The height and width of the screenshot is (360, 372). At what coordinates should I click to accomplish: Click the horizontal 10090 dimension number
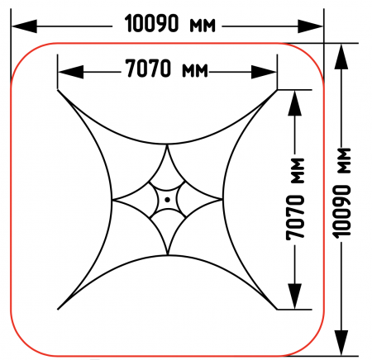pos(151,24)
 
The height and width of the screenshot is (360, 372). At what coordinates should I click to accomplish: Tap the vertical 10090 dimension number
pos(341,211)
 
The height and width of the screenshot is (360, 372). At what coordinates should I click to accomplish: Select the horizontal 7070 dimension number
pos(148,69)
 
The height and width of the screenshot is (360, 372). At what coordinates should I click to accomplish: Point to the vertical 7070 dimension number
pos(295,217)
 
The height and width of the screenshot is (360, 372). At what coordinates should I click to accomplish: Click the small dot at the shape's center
pos(167,200)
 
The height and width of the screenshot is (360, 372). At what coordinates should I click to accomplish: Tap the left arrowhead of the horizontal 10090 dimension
pos(24,26)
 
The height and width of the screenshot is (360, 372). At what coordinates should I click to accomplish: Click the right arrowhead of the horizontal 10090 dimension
pos(310,26)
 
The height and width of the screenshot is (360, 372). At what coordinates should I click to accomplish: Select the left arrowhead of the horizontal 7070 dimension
pos(71,72)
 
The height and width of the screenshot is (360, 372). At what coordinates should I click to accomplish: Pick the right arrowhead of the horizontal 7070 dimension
pos(264,72)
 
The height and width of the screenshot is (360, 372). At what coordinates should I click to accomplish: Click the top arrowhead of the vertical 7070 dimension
pos(295,103)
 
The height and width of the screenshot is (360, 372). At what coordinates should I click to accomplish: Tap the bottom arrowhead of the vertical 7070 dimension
pos(295,296)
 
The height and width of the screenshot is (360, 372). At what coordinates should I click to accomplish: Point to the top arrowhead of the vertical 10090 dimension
pos(341,56)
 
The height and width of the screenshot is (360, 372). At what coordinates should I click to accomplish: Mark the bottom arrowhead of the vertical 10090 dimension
pos(341,343)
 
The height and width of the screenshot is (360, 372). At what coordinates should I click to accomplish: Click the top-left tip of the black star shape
pos(58,90)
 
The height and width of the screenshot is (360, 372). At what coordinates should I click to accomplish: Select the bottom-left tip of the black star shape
pos(58,310)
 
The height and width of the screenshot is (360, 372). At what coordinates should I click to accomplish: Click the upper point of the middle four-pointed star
pos(167,145)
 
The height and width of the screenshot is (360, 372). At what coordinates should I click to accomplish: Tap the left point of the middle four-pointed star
pos(112,200)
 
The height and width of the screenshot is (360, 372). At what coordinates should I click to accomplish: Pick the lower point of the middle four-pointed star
pos(167,254)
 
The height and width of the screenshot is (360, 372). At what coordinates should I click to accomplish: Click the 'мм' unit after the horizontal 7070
pos(194,71)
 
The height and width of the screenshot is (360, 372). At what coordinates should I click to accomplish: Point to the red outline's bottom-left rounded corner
pos(23,344)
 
